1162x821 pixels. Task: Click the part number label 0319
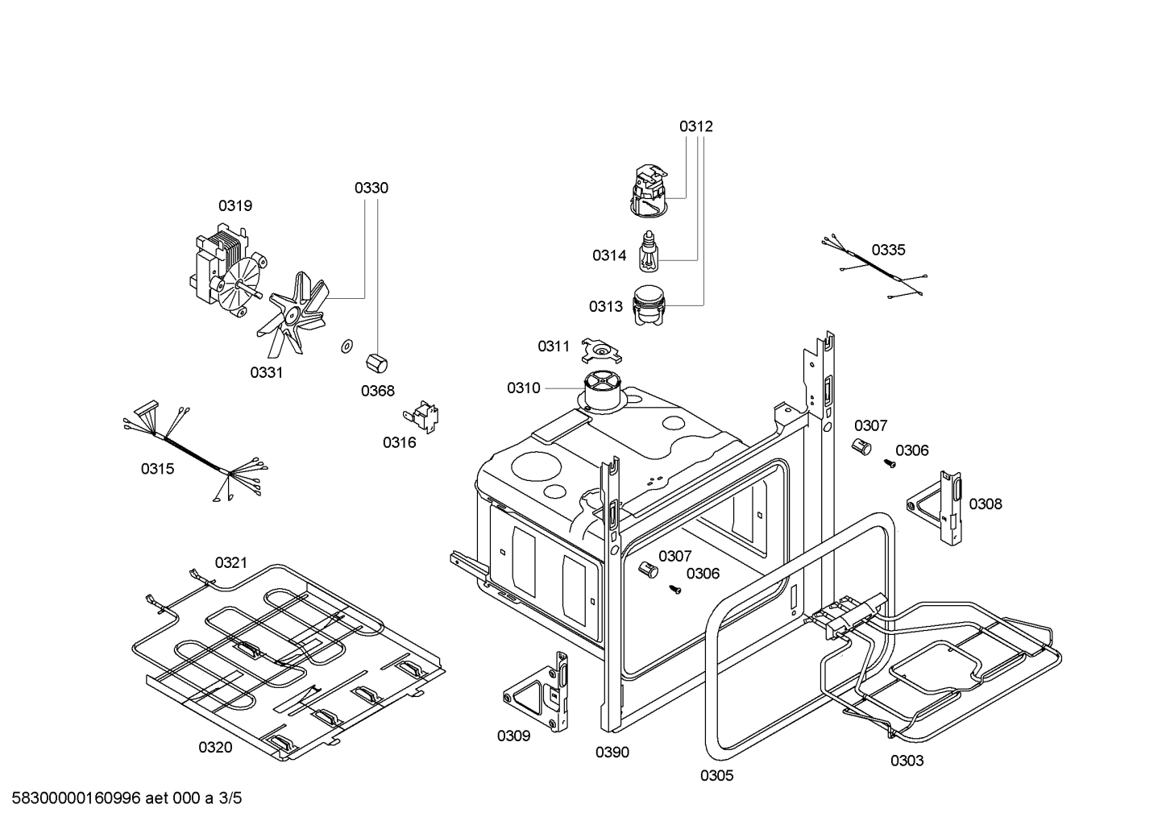pos(235,206)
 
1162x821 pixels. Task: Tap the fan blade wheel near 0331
pos(293,313)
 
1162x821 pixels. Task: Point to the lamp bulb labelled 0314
pos(648,251)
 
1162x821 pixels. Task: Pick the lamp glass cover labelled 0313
pos(649,305)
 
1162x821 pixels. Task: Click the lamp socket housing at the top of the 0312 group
pos(649,191)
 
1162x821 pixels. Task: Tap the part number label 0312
pos(696,126)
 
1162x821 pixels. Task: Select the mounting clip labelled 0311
pos(601,351)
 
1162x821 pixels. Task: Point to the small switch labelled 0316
pos(421,417)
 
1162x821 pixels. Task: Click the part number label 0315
pos(158,469)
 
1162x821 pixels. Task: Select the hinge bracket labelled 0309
pos(536,692)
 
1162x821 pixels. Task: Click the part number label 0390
pos(612,752)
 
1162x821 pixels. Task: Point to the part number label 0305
pos(717,775)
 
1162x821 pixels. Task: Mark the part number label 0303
pos(907,761)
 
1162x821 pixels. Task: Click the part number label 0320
pos(215,748)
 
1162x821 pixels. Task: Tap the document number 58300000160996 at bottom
pos(77,798)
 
